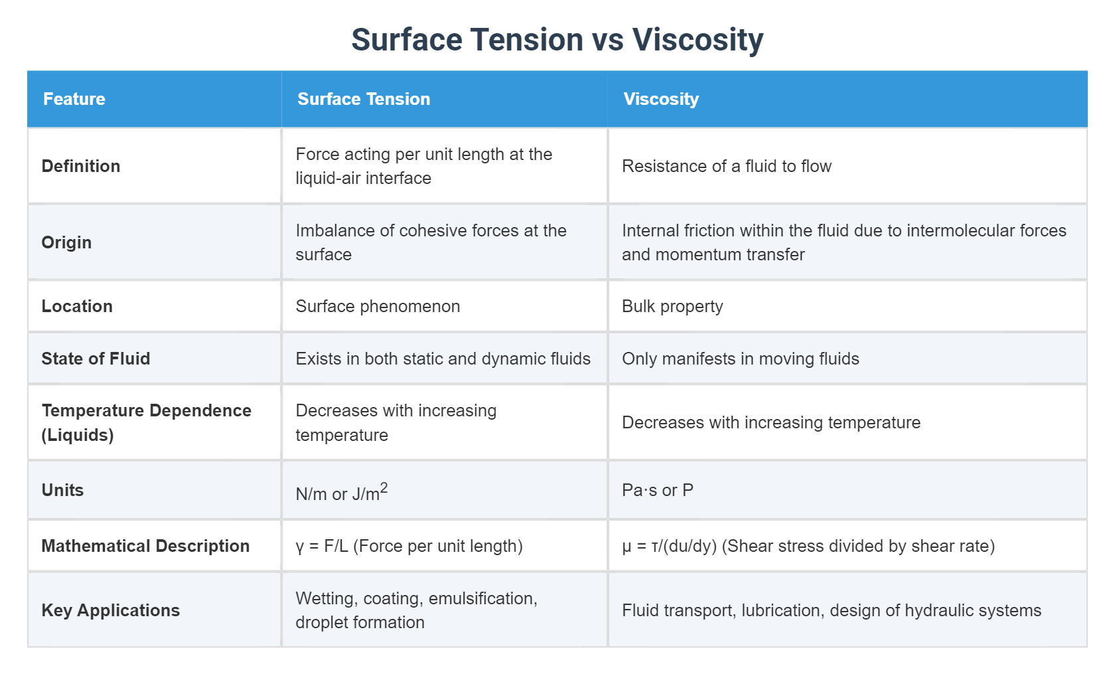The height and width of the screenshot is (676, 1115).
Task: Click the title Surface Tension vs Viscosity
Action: [557, 40]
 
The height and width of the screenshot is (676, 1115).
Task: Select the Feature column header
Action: [74, 99]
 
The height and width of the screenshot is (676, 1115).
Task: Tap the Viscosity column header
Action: [661, 99]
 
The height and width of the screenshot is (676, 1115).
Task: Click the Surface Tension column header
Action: [364, 99]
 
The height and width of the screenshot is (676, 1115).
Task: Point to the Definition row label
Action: [81, 166]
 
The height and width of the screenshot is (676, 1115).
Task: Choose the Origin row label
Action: [66, 242]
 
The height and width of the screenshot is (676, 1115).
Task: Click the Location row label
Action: [77, 306]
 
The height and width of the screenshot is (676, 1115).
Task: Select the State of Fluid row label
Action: [96, 359]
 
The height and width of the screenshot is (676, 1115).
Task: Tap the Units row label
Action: [62, 490]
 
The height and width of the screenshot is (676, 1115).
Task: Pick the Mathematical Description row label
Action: [145, 546]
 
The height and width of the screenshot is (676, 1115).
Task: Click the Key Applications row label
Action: [111, 610]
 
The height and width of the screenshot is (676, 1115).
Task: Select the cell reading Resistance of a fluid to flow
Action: [726, 166]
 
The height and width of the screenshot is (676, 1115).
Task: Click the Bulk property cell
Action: [672, 306]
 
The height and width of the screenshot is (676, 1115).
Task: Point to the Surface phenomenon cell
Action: [378, 306]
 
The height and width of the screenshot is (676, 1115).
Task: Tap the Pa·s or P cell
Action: [657, 490]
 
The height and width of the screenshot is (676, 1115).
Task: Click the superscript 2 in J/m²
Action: [384, 488]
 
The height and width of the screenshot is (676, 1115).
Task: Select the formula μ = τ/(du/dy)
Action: [669, 546]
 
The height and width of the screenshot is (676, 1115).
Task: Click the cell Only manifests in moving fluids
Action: [740, 359]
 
